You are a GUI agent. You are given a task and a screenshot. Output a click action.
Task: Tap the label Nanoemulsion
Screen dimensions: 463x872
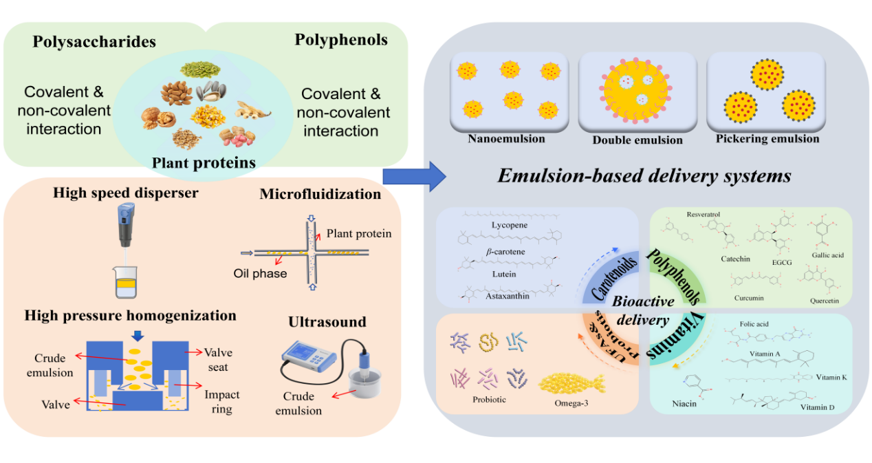pyautogui.click(x=506, y=139)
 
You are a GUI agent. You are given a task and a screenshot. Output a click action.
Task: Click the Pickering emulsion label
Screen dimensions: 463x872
pyautogui.click(x=767, y=139)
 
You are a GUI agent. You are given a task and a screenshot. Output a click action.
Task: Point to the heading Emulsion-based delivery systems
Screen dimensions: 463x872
pyautogui.click(x=644, y=176)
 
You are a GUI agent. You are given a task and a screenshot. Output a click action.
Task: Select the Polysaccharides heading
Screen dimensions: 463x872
pyautogui.click(x=94, y=42)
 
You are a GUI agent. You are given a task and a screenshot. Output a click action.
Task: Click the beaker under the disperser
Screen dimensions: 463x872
pyautogui.click(x=126, y=282)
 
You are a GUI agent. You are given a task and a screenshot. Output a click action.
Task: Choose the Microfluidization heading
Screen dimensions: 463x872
pyautogui.click(x=320, y=195)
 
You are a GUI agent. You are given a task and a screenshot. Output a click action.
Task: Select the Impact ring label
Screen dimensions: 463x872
pyautogui.click(x=221, y=401)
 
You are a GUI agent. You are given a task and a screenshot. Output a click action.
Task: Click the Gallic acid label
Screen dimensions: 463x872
pyautogui.click(x=827, y=255)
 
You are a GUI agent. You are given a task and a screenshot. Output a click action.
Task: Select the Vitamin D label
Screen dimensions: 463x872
pyautogui.click(x=817, y=407)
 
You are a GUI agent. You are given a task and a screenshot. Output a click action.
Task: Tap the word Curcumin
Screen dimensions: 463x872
pyautogui.click(x=749, y=298)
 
